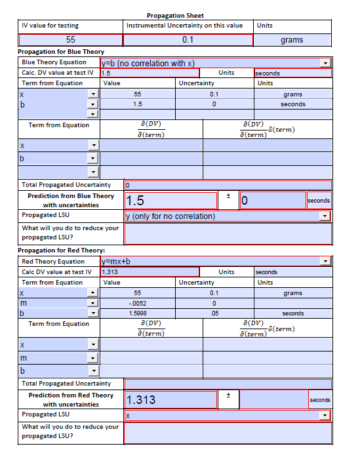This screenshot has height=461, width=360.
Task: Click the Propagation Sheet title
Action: coord(175,15)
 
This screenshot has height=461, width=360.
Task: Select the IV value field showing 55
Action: coord(71,40)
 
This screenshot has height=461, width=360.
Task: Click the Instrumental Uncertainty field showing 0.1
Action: coord(188,40)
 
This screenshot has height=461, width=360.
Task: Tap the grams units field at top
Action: coord(292,40)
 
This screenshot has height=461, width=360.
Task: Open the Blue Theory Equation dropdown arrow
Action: coord(326,63)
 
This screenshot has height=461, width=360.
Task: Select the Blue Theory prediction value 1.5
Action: coord(170,201)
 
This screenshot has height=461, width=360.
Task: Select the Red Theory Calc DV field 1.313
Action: coord(149,271)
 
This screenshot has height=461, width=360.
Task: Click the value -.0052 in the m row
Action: coord(138,304)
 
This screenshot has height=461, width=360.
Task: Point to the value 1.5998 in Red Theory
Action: coord(138,313)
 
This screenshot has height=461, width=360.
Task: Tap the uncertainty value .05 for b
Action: coord(214,313)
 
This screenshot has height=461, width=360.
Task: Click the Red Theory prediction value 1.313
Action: coord(170,399)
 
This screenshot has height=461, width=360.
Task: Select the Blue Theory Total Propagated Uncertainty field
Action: coord(227,185)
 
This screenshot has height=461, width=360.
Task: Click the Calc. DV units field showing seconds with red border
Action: coord(292,73)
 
